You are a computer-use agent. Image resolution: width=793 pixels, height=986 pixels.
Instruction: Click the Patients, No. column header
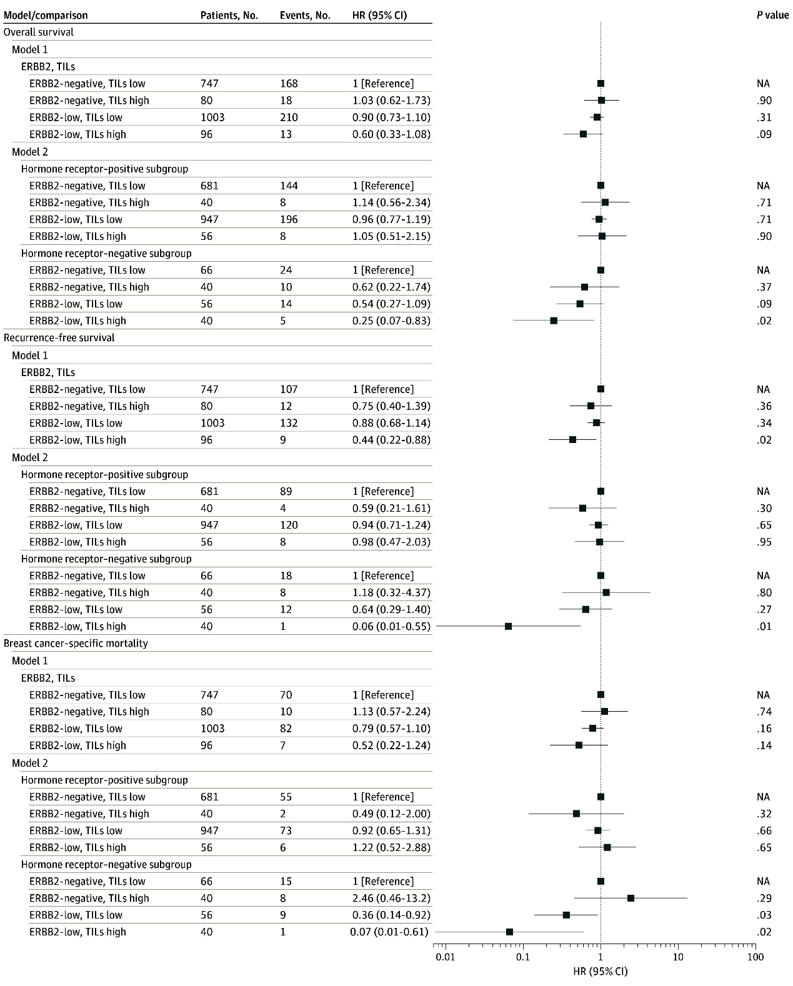pyautogui.click(x=229, y=15)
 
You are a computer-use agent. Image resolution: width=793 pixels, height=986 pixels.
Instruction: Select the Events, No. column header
pyautogui.click(x=305, y=15)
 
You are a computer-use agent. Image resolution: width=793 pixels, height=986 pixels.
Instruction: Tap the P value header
pyautogui.click(x=772, y=15)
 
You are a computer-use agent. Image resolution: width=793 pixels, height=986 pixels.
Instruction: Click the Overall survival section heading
pyautogui.click(x=39, y=32)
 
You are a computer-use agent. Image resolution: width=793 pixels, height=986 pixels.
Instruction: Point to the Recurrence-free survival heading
pyautogui.click(x=59, y=337)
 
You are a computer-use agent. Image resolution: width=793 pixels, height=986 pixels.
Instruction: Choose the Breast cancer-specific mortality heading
pyautogui.click(x=76, y=644)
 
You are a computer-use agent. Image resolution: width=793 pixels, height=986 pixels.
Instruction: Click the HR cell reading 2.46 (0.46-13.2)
pyautogui.click(x=391, y=898)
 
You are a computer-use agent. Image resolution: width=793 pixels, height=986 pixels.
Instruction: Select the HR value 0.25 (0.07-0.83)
pyautogui.click(x=391, y=321)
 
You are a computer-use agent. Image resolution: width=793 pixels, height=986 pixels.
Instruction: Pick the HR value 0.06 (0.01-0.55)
pyautogui.click(x=391, y=626)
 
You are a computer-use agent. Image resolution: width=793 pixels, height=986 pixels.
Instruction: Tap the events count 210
pyautogui.click(x=289, y=117)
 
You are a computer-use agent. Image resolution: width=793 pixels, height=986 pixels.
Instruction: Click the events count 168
pyautogui.click(x=289, y=83)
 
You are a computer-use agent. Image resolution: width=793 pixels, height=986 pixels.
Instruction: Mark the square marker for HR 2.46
pyautogui.click(x=631, y=898)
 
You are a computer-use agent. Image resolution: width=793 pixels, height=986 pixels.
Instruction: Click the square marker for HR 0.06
pyautogui.click(x=508, y=626)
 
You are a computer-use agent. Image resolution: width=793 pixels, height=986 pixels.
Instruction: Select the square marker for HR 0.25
pyautogui.click(x=554, y=321)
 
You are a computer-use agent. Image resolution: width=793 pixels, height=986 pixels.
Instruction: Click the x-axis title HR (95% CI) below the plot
pyautogui.click(x=601, y=972)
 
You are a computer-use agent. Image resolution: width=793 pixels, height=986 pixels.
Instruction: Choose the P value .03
pyautogui.click(x=764, y=915)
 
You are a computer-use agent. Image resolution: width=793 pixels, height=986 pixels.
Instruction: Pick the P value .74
pyautogui.click(x=764, y=712)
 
